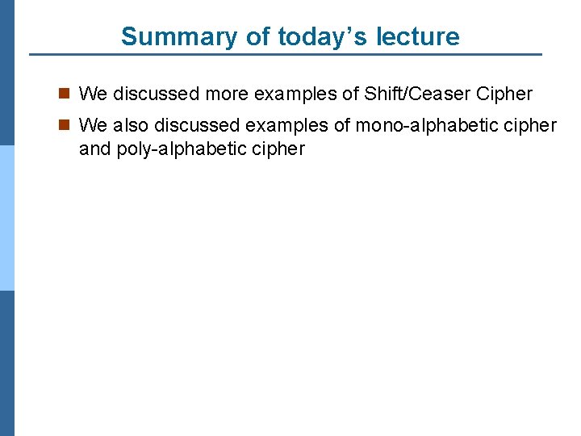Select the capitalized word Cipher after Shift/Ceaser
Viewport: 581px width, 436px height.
(x=504, y=94)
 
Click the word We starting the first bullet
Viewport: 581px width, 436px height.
(x=93, y=94)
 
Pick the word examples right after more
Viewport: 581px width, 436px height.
(x=295, y=94)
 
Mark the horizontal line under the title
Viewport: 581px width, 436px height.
(x=286, y=55)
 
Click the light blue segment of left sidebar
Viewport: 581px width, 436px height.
(x=7, y=218)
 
